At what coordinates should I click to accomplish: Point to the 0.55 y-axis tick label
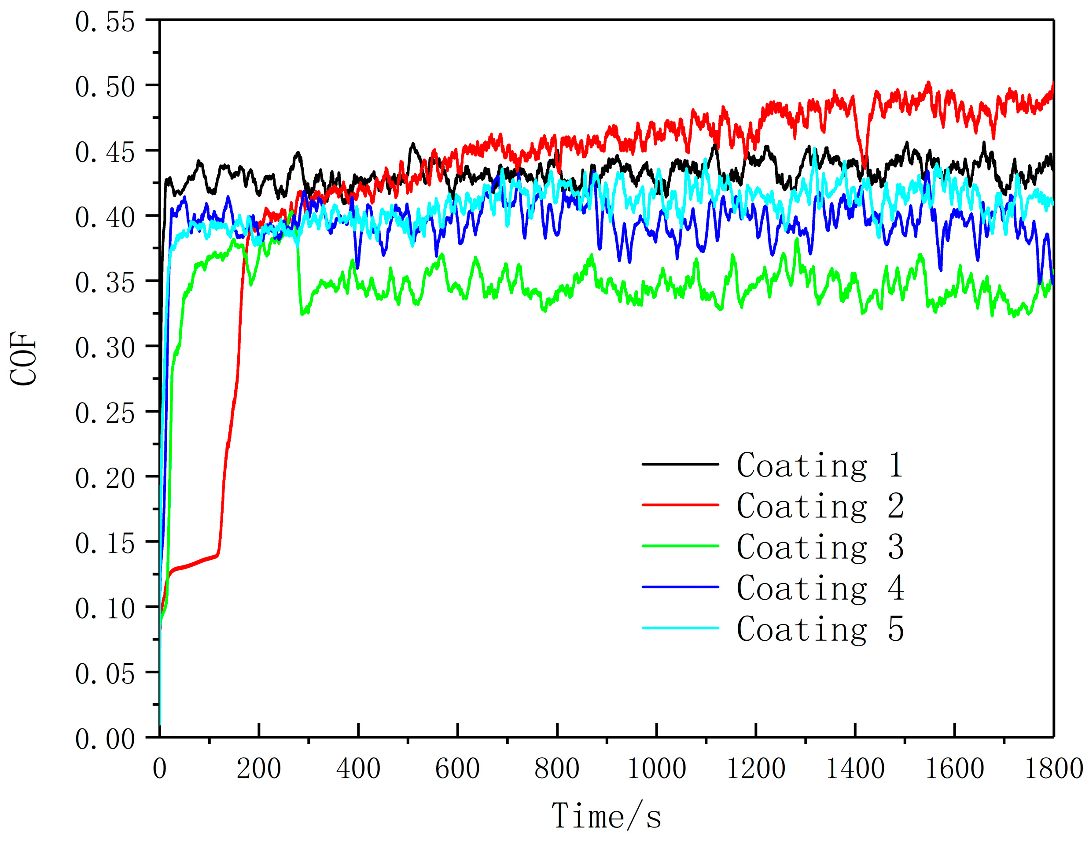[x=105, y=22]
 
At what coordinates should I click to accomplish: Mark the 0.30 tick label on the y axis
[x=105, y=347]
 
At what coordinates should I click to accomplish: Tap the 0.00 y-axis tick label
[x=105, y=739]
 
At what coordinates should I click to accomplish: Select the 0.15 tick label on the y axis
[x=105, y=543]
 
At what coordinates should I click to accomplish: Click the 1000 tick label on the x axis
[x=656, y=768]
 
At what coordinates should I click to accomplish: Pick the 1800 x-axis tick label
[x=1053, y=768]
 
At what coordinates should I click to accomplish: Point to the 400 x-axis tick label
[x=358, y=768]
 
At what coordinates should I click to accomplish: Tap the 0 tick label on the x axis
[x=159, y=768]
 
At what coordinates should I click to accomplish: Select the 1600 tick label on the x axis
[x=954, y=768]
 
